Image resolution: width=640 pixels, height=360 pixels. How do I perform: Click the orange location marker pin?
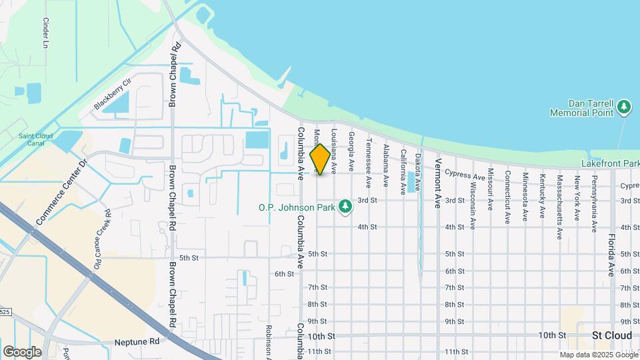point(321,159)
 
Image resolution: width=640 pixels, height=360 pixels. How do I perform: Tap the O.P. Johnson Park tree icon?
point(345,207)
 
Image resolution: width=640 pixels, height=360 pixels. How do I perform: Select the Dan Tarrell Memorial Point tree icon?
point(624,106)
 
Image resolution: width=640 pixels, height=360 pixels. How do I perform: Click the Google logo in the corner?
point(22,352)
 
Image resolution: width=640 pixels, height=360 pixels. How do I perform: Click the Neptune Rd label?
point(137,341)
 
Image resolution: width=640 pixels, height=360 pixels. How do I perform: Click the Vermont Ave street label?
point(438,183)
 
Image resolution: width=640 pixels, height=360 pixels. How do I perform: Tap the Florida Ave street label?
point(611,255)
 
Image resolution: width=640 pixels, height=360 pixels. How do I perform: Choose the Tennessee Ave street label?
point(368,163)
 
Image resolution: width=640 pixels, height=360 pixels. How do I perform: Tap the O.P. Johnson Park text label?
point(297,207)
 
